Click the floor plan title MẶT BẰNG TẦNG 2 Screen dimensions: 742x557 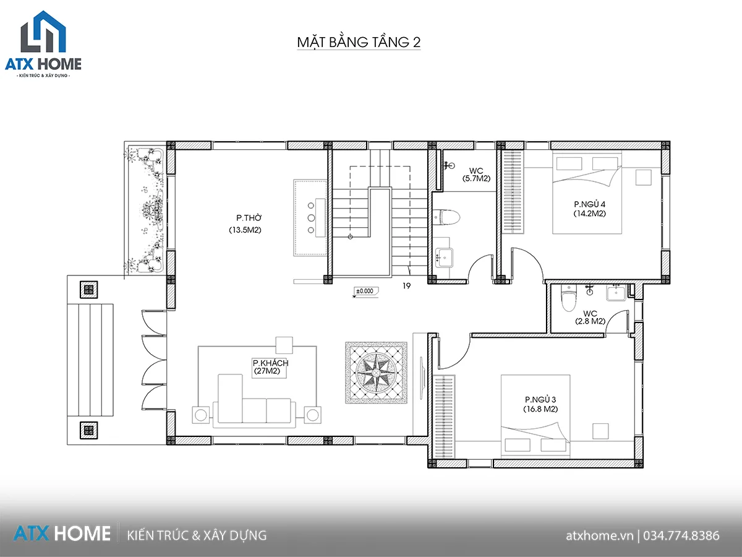coord(359,42)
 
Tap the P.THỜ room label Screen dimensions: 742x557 coord(249,218)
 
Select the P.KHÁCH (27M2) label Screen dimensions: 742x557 coord(270,367)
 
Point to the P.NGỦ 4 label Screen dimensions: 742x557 coord(589,204)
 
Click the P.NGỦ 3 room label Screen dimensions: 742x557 coord(540,399)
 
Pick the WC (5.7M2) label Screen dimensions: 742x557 coord(476,175)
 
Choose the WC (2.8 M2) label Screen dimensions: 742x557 coord(591,317)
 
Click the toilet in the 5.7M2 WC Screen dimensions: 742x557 coord(446,217)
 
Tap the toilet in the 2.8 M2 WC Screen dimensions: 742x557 coord(569,298)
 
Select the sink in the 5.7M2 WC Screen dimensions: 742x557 coord(444,257)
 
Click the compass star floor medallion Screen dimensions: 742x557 coord(376,373)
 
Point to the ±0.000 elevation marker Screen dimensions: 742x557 coord(365,291)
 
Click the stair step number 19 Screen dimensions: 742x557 coord(406,286)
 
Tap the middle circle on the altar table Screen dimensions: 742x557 coord(311,218)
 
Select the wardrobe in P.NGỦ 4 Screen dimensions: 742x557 coord(513,192)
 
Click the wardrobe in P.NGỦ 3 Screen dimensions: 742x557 coord(445,417)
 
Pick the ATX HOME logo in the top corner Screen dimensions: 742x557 coord(43,44)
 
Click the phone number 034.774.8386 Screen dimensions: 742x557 coord(681,536)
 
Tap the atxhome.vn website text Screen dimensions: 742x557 coord(600,536)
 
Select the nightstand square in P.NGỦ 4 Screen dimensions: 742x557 coord(643,177)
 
